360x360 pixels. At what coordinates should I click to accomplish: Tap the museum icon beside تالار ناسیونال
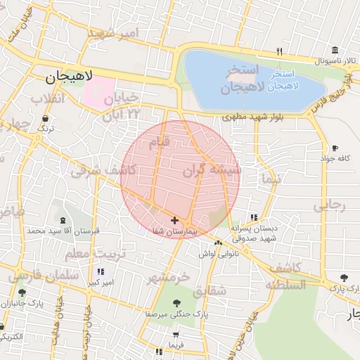click(x=335, y=51)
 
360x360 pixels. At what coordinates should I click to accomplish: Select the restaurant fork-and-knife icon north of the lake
click(x=280, y=51)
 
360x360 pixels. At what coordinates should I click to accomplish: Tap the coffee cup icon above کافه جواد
click(x=335, y=148)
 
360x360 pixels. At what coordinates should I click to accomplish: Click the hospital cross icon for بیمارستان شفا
click(x=174, y=221)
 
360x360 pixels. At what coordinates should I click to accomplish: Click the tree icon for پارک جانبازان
click(x=23, y=293)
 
